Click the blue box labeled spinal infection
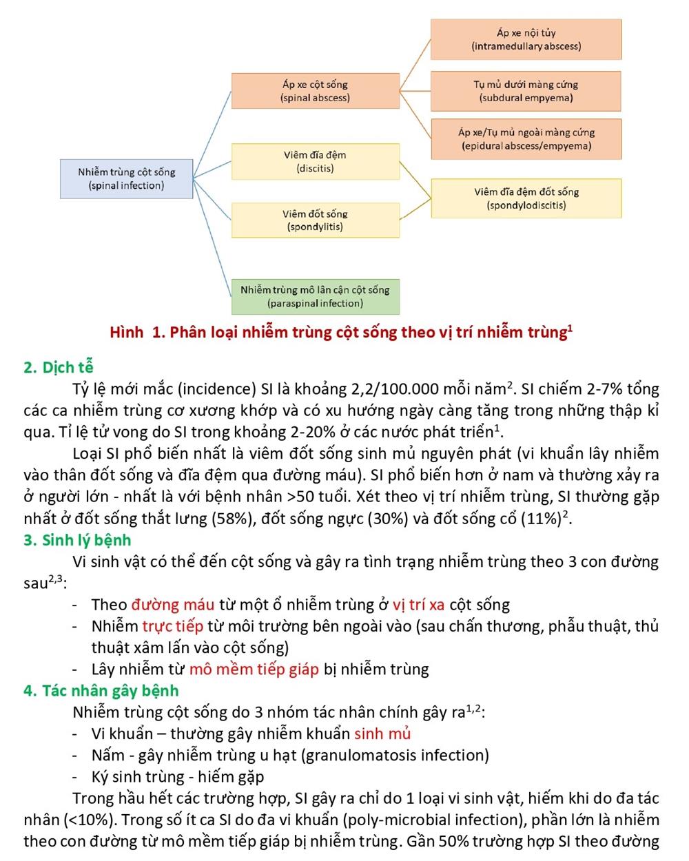tap(126, 178)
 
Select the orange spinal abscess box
tap(315, 91)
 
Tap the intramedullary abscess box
tap(526, 39)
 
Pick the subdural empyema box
tap(526, 91)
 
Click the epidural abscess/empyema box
tap(526, 139)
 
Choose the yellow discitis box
tap(315, 162)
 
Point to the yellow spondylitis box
tap(315, 220)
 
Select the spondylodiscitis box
tap(526, 198)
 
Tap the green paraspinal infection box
tap(315, 297)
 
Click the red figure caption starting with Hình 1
tap(341, 333)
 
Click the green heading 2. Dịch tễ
tap(58, 367)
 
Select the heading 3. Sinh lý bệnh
tap(76, 540)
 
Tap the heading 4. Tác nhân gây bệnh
tap(101, 691)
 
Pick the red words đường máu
tap(173, 605)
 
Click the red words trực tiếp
tap(172, 626)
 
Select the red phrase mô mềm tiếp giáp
tap(254, 670)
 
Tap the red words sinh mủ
tap(382, 734)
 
